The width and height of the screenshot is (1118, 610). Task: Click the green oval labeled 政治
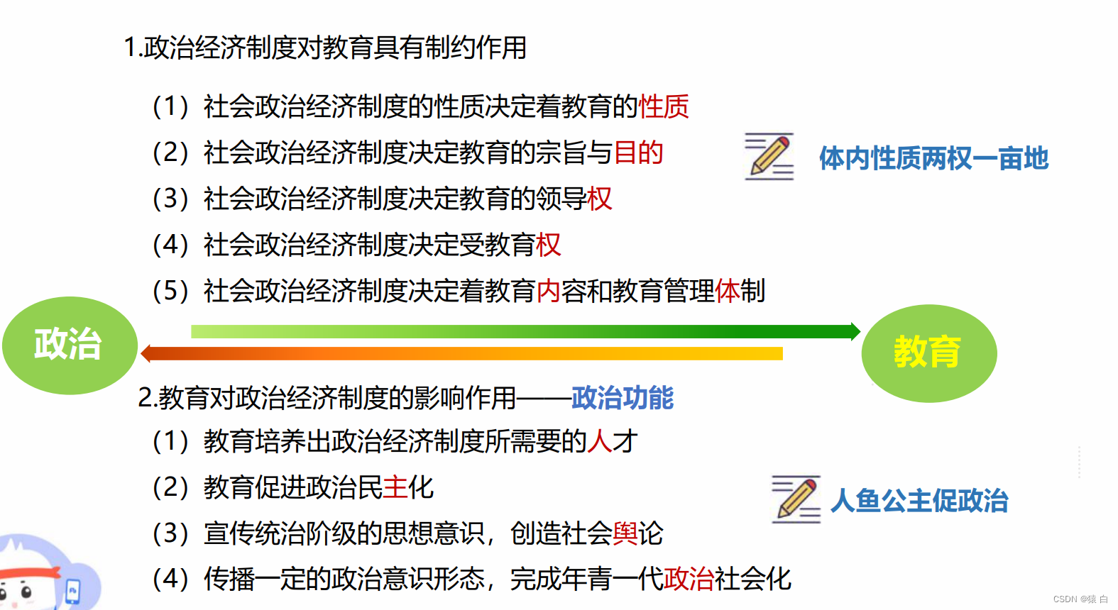click(x=69, y=345)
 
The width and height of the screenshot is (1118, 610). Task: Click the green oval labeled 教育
click(x=928, y=353)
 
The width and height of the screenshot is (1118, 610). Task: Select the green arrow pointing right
click(x=525, y=331)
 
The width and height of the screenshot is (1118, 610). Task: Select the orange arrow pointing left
click(x=461, y=353)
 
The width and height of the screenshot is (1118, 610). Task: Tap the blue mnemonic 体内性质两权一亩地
click(x=933, y=158)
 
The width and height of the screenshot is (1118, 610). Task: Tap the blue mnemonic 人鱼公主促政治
click(x=919, y=501)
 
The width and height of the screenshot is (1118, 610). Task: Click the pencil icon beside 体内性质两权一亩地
click(x=769, y=156)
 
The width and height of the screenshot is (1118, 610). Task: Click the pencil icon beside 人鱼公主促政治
click(x=796, y=499)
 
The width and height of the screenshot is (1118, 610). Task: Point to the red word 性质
click(x=664, y=107)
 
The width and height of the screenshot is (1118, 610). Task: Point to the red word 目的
click(x=638, y=153)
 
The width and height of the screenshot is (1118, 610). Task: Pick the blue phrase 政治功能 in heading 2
click(x=623, y=398)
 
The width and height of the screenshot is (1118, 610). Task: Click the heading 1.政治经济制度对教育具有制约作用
click(x=325, y=48)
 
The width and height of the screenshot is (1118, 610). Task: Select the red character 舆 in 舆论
click(x=625, y=533)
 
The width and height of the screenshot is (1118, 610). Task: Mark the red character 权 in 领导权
click(x=600, y=199)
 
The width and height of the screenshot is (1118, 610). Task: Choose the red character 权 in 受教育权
click(x=549, y=245)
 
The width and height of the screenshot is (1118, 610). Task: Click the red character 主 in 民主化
click(x=395, y=488)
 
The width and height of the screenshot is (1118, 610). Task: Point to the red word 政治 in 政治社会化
click(x=689, y=579)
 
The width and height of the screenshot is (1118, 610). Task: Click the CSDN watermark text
click(x=1080, y=599)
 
